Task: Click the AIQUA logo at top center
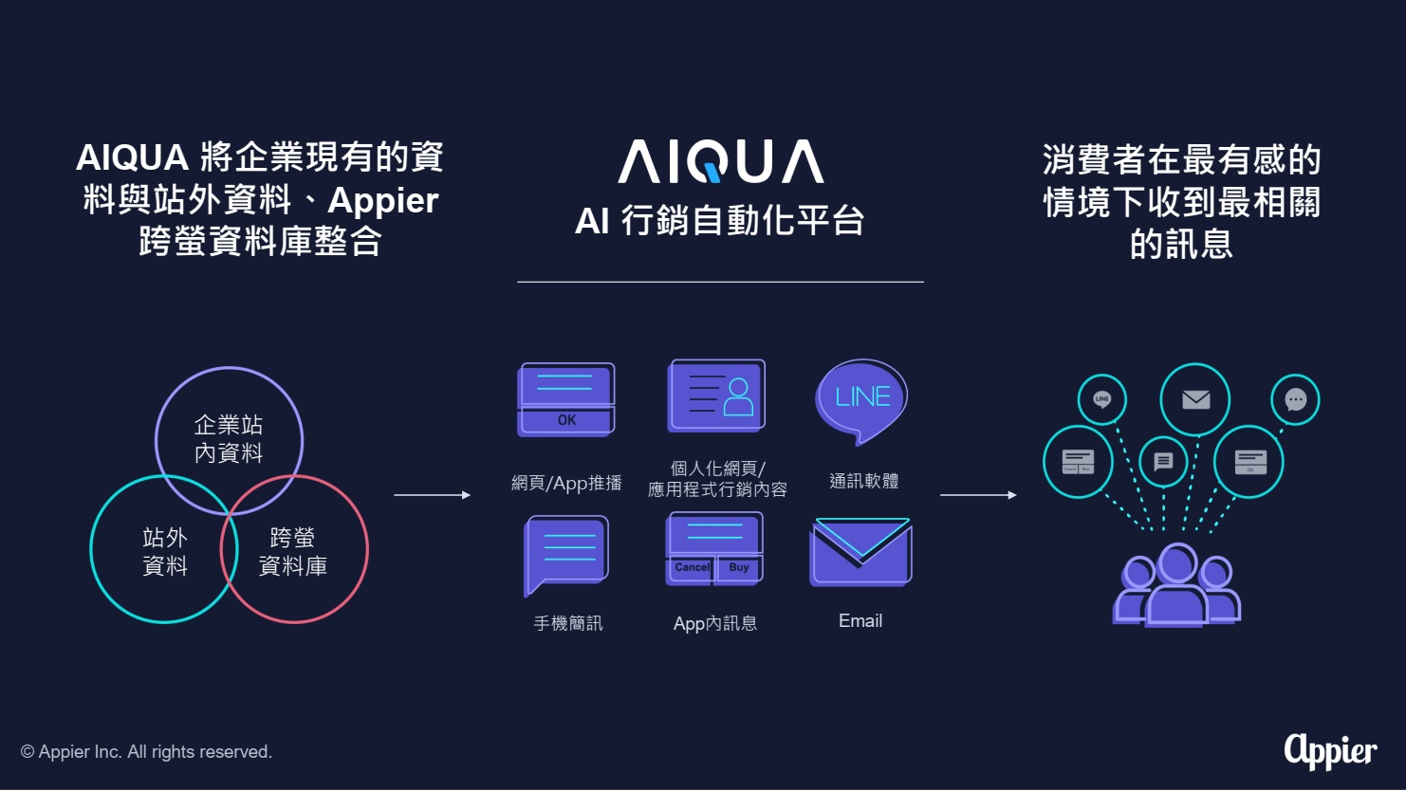point(720,161)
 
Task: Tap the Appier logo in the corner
point(1330,750)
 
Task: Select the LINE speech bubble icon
point(861,399)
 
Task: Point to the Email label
point(860,621)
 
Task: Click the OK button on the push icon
point(566,420)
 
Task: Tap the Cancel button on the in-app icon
point(692,567)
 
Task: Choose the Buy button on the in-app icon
point(739,567)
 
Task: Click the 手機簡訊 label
point(567,623)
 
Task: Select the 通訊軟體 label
point(863,481)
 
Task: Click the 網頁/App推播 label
point(566,483)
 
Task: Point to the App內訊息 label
point(715,623)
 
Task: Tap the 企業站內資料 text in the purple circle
point(229,438)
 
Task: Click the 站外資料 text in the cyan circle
point(165,551)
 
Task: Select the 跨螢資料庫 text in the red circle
point(293,551)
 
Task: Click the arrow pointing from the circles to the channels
point(432,495)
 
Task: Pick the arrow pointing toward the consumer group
point(978,495)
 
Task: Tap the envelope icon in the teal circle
point(1195,399)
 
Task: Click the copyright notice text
point(146,752)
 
